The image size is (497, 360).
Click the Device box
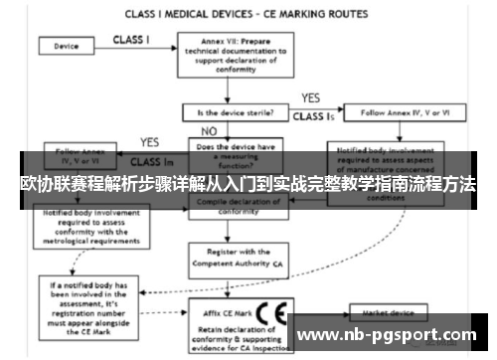point(67,46)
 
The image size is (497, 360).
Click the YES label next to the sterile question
point(309,98)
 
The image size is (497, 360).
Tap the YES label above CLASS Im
point(149,141)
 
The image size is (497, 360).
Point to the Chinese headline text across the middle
point(248,186)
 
